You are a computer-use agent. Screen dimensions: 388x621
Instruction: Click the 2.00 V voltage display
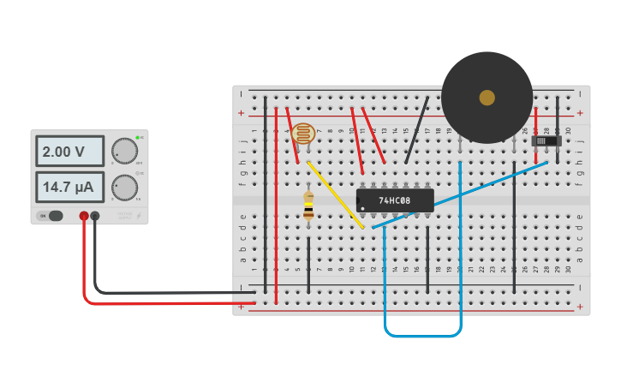69,152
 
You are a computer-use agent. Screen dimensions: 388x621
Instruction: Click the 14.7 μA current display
69,187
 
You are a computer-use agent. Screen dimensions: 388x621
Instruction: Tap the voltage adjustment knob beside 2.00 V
124,151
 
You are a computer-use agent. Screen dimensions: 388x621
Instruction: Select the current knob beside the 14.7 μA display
124,187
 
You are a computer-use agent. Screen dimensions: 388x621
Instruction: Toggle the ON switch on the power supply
55,216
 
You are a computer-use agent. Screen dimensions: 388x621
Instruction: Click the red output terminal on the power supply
84,216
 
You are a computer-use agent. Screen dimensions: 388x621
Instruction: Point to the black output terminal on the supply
95,216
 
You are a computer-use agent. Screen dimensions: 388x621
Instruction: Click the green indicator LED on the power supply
137,137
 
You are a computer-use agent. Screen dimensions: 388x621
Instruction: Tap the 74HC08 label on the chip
395,200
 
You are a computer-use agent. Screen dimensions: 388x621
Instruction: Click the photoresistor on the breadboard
302,134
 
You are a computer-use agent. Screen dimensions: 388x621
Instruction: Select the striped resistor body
308,206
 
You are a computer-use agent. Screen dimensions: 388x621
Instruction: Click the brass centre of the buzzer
487,98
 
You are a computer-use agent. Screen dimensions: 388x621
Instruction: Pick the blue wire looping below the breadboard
422,335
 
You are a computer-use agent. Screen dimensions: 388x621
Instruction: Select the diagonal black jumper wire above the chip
417,128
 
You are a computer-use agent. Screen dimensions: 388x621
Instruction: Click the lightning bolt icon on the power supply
139,216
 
